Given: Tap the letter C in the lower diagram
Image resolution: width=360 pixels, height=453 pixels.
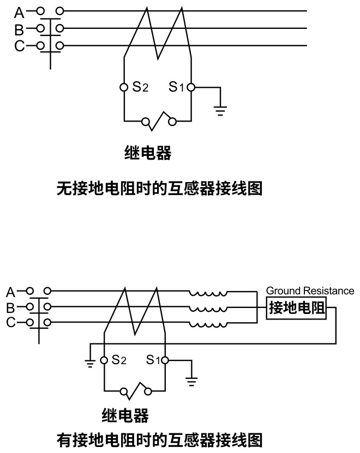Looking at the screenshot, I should point(11,323).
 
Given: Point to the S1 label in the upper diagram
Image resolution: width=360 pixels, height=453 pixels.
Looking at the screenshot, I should point(177,87).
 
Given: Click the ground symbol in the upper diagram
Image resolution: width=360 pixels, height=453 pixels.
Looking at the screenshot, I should point(220,111).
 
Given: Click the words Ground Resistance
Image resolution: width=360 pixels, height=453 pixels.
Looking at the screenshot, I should point(310,291).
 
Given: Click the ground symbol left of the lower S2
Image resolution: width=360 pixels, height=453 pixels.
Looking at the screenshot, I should point(91,362).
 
